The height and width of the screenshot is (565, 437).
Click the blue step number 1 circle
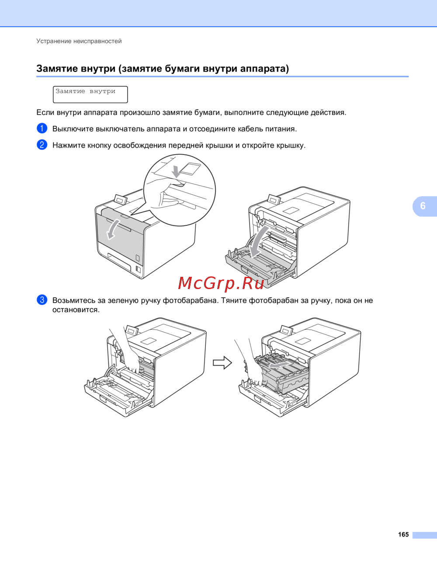(42, 128)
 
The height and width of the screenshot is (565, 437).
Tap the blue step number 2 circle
(42, 145)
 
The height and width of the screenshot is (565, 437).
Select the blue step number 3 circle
(42, 300)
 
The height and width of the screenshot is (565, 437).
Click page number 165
(403, 534)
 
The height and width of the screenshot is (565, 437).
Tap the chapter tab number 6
(423, 206)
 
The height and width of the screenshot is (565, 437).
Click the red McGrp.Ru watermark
(221, 283)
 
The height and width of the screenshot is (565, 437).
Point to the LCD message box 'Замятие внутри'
(90, 94)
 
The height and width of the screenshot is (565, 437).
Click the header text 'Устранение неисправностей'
(79, 41)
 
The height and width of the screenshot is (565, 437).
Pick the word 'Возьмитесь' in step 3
(74, 300)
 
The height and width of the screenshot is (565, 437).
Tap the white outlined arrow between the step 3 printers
(222, 362)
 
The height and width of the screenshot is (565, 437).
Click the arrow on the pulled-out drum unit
(279, 365)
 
